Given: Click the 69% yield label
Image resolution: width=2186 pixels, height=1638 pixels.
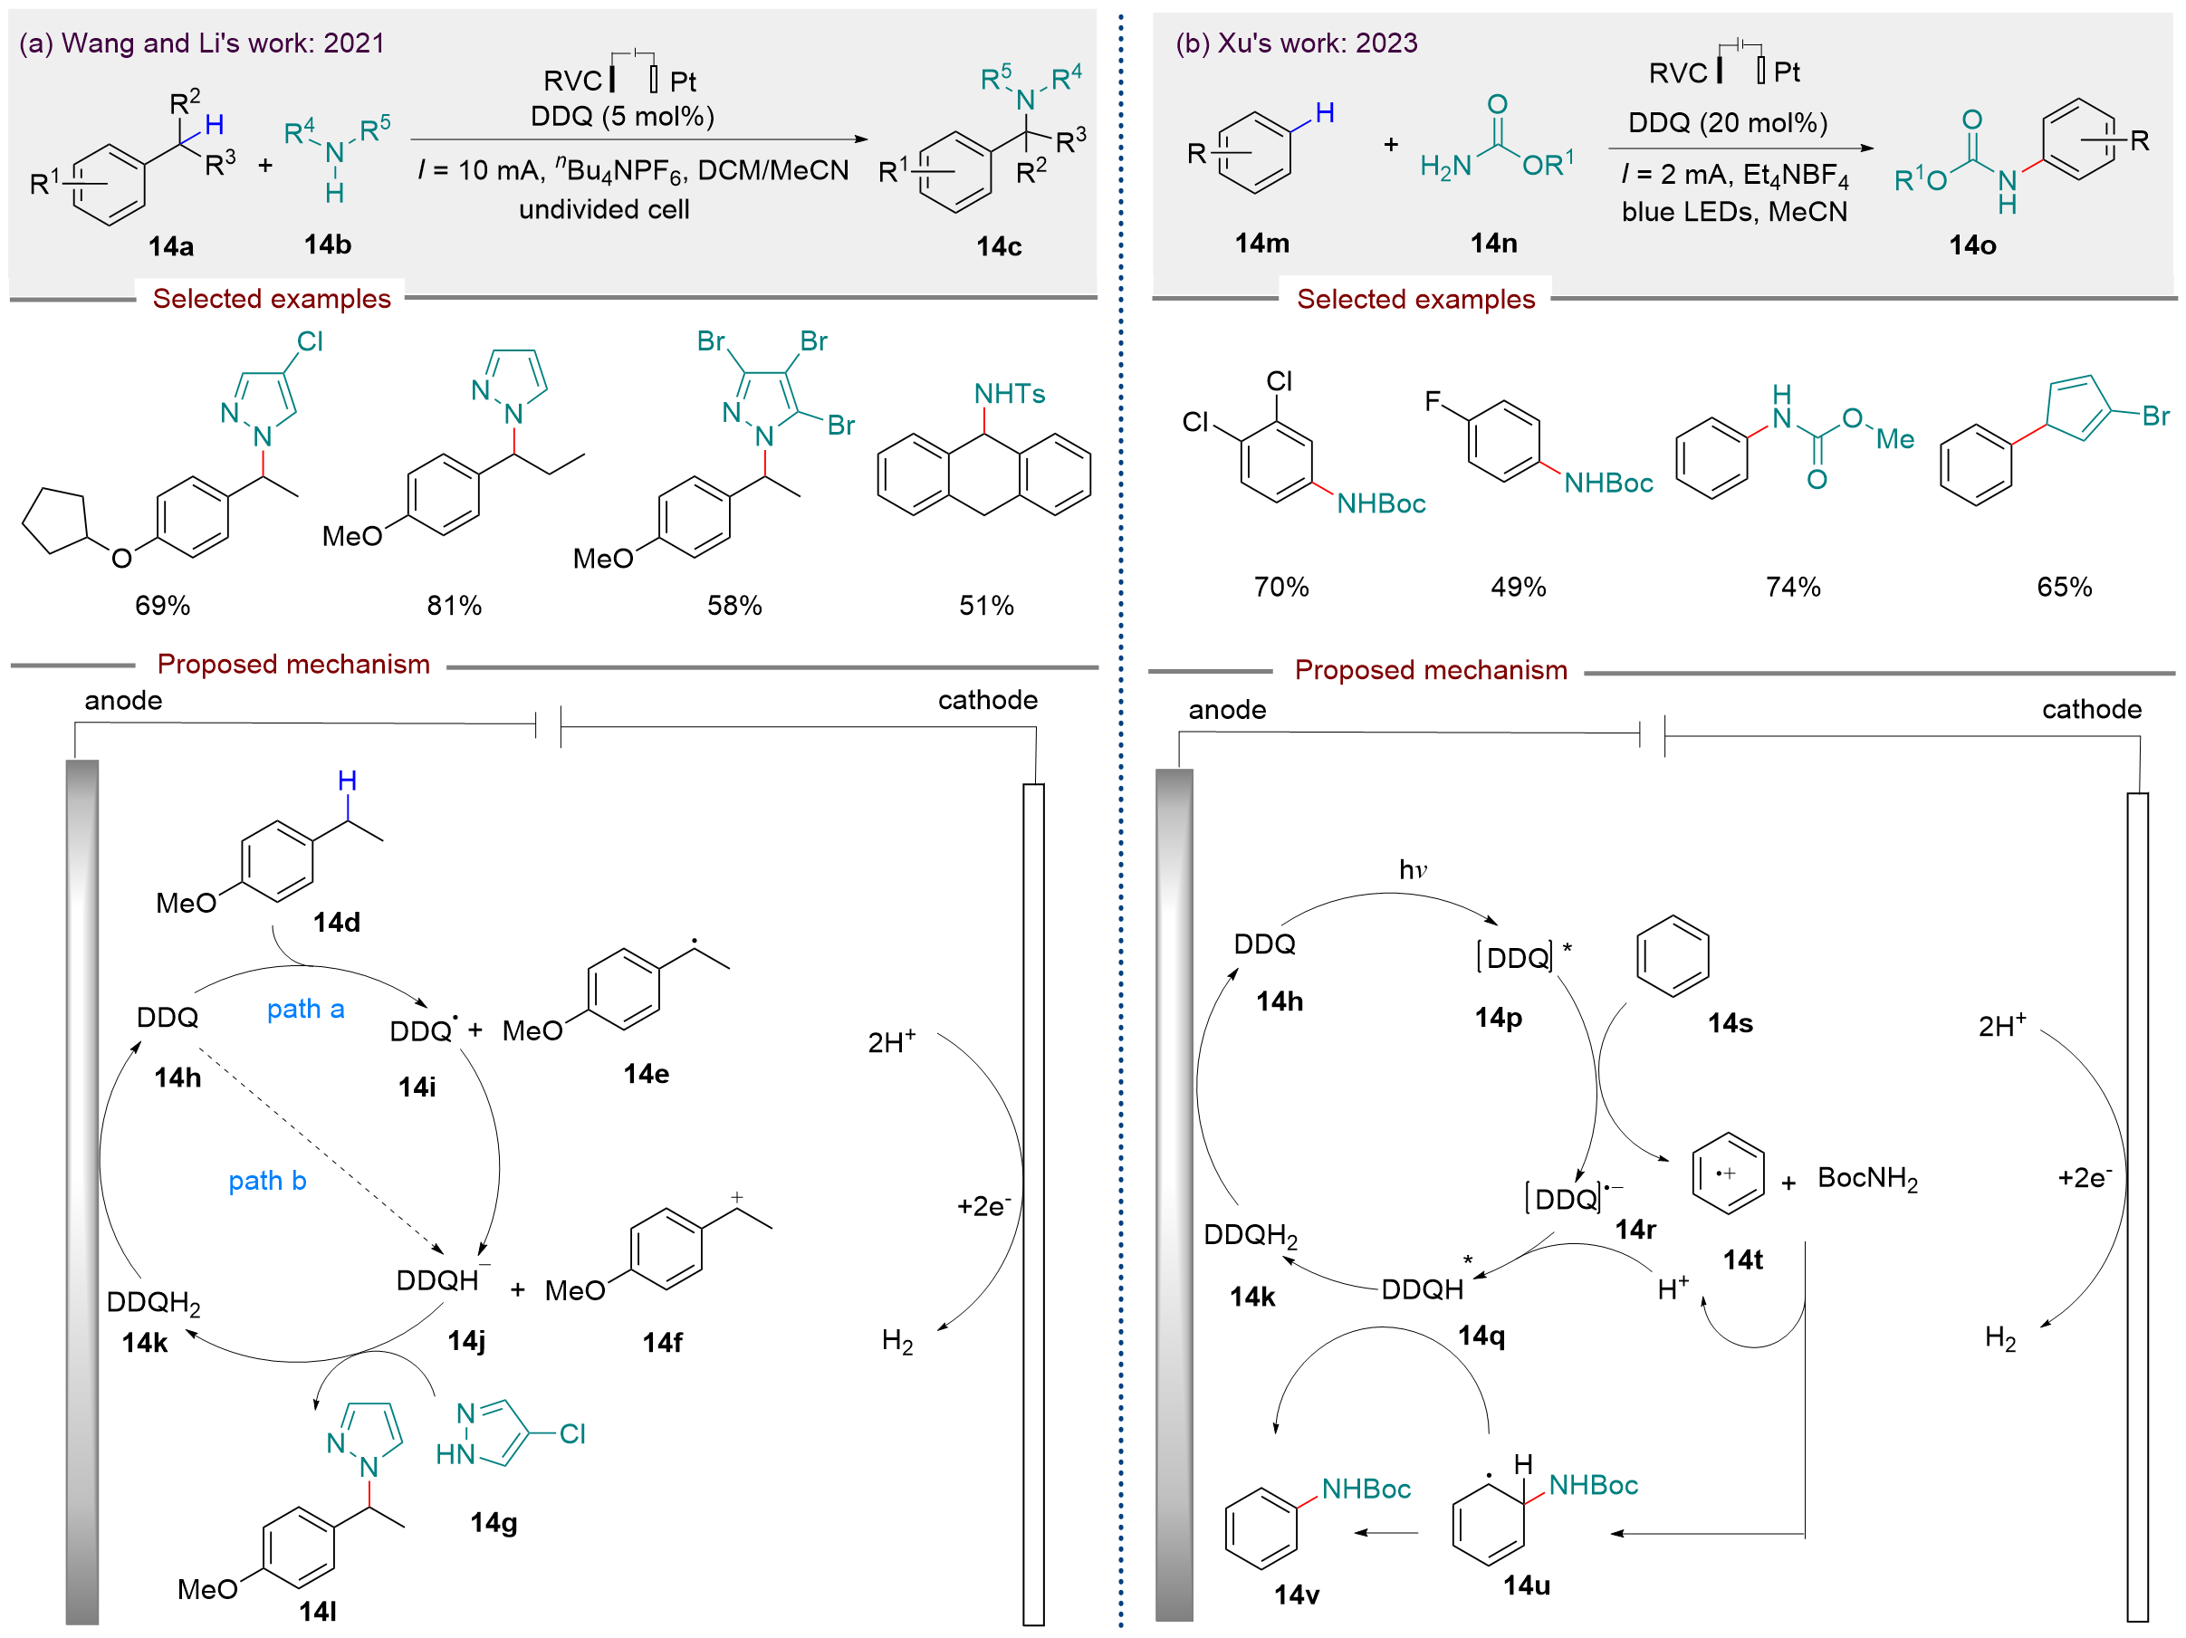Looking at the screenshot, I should click(162, 605).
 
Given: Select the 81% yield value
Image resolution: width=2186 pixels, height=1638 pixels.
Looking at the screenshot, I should click(454, 605).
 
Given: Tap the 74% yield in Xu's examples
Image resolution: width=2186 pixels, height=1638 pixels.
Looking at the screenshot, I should click(1793, 587).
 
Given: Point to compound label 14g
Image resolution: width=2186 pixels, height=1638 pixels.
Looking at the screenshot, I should click(494, 1521).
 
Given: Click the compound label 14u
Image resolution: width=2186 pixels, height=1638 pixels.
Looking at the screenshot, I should click(1526, 1585).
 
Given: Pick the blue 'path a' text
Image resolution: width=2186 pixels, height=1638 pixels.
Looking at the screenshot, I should click(305, 1009).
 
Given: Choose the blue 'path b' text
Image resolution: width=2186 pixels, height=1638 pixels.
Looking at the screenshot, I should click(267, 1181).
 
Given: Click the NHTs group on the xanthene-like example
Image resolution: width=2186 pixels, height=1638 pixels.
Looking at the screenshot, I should click(1009, 393).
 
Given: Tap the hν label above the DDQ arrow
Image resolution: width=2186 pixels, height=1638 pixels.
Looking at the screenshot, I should click(1412, 869).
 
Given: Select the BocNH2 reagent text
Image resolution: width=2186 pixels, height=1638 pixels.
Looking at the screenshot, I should click(1867, 1178).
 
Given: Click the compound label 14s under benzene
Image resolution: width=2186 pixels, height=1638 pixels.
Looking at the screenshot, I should click(1730, 1022).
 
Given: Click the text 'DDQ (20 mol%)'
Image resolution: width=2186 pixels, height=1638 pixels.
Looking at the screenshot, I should click(1728, 122).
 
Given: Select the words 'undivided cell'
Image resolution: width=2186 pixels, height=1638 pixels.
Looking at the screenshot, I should click(604, 209).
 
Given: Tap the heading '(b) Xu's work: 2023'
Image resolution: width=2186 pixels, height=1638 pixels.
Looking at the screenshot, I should click(1296, 43).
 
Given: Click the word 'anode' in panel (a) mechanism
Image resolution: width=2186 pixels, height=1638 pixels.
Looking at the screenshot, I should click(122, 701).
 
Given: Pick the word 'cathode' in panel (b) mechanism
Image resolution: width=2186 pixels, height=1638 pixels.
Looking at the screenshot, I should click(2091, 709).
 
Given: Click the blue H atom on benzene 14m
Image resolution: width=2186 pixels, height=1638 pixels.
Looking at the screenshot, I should click(1324, 112).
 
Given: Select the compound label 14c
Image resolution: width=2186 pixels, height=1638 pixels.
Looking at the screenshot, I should click(998, 246).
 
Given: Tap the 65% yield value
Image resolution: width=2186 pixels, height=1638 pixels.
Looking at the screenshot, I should click(2064, 587).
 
